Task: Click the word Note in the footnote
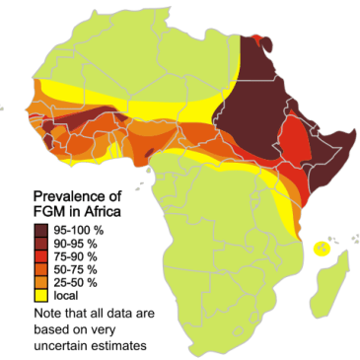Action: point(45,314)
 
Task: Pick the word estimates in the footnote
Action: point(123,343)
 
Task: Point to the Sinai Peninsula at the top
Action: point(262,40)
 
